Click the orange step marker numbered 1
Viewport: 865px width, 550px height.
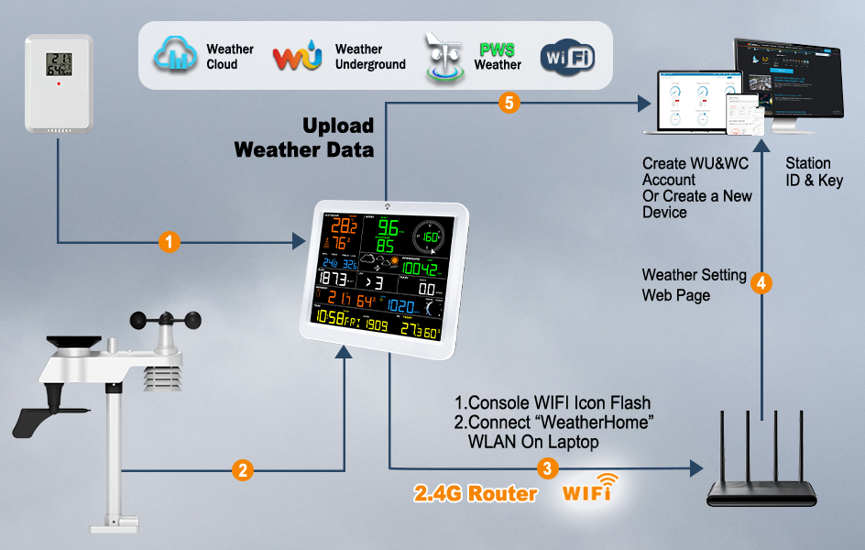click(169, 242)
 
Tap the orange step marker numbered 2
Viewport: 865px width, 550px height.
click(242, 470)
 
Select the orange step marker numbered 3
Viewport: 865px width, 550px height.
click(547, 468)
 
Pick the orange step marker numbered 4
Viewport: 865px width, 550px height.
click(761, 283)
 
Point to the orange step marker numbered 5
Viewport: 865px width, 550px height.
click(509, 103)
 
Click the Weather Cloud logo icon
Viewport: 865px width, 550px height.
click(175, 56)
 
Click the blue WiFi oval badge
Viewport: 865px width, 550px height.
click(568, 57)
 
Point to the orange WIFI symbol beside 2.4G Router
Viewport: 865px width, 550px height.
click(587, 489)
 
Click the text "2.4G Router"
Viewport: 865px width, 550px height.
click(476, 493)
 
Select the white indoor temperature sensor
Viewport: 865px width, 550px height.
click(59, 86)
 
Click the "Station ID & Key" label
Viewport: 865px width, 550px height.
click(814, 172)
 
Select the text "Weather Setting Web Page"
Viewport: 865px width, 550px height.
click(694, 285)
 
